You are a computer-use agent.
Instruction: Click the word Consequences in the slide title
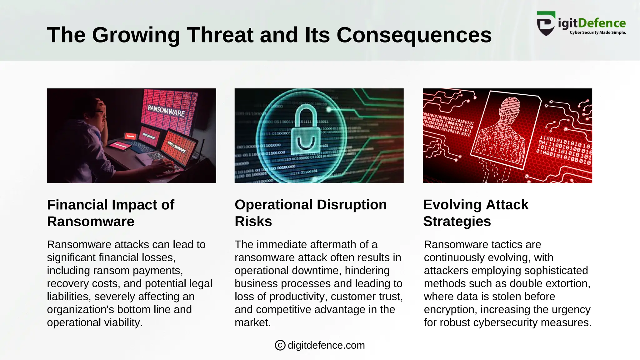tap(414, 35)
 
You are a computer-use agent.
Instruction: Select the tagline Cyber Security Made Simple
tap(597, 32)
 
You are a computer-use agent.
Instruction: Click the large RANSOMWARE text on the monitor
tap(166, 111)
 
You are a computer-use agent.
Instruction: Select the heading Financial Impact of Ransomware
tap(111, 213)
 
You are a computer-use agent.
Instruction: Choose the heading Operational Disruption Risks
tap(311, 213)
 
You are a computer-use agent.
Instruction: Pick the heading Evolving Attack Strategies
tap(476, 213)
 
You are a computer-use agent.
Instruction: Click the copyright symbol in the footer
tap(280, 345)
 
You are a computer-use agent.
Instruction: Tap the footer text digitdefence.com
tap(326, 345)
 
